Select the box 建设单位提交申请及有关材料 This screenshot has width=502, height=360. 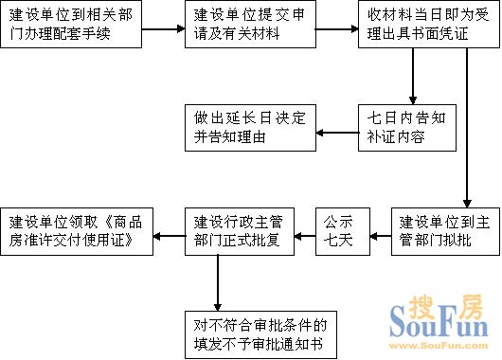pyautogui.click(x=245, y=27)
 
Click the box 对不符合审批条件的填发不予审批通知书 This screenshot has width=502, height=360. pyautogui.click(x=258, y=335)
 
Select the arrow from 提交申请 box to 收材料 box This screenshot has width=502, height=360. pyautogui.click(x=333, y=28)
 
